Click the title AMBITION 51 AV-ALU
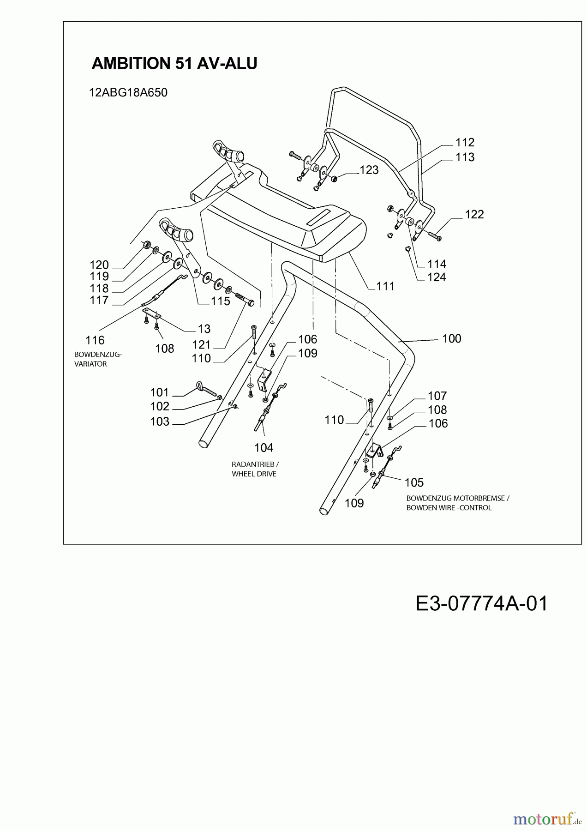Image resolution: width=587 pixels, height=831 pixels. [174, 63]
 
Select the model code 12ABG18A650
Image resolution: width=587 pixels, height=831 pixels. [128, 92]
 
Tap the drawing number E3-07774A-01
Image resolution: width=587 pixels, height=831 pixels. [481, 603]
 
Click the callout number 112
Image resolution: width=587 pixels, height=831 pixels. [465, 143]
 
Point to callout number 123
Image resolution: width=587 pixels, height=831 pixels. [369, 170]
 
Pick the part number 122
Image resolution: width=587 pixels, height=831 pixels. [474, 214]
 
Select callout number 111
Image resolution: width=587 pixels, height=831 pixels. [385, 286]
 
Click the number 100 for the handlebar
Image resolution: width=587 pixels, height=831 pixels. [451, 338]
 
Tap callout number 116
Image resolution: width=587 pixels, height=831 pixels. [95, 340]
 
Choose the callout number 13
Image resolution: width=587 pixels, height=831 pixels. [204, 329]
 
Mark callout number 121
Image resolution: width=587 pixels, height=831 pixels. [201, 344]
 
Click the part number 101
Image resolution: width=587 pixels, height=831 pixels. [160, 392]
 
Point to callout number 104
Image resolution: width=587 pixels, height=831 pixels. [264, 447]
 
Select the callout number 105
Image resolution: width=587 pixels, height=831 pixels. [413, 482]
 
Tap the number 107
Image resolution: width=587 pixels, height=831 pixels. [437, 396]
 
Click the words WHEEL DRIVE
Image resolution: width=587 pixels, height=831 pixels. [254, 474]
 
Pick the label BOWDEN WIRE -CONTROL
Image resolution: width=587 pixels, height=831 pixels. [449, 507]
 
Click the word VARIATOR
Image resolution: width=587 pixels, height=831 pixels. [90, 364]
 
